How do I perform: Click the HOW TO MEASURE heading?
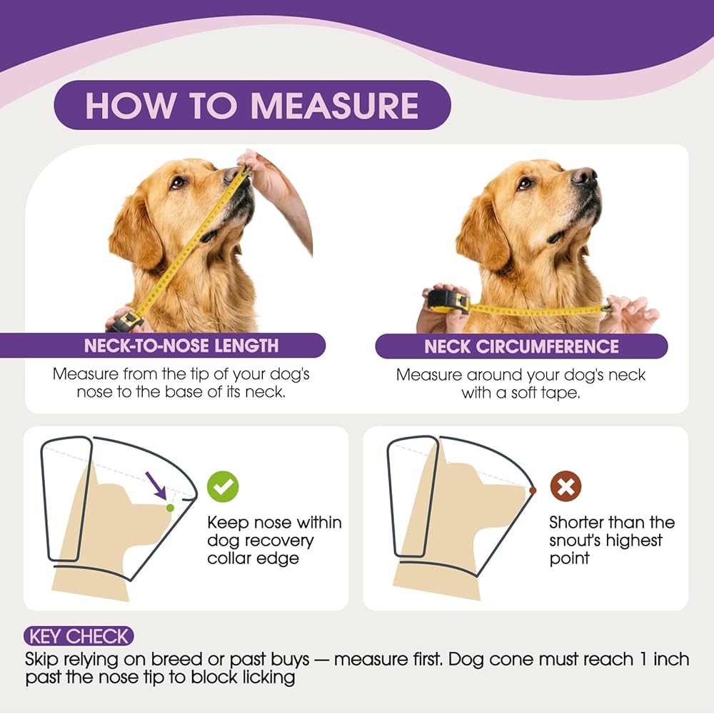point(252,106)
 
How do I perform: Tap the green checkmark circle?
point(223,486)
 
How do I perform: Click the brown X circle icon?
point(565,486)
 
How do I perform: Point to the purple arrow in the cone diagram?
point(156,486)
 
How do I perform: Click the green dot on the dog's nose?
point(170,508)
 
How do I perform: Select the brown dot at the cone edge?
point(533,491)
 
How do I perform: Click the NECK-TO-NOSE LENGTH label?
point(181,346)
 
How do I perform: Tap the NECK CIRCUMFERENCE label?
point(521,346)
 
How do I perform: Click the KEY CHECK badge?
point(79,636)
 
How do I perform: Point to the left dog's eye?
point(177,183)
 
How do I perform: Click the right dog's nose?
point(584,176)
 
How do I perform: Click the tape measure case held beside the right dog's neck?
point(448,301)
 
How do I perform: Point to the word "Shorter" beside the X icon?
point(576,523)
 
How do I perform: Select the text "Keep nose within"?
point(274,523)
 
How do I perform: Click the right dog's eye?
point(525,183)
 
